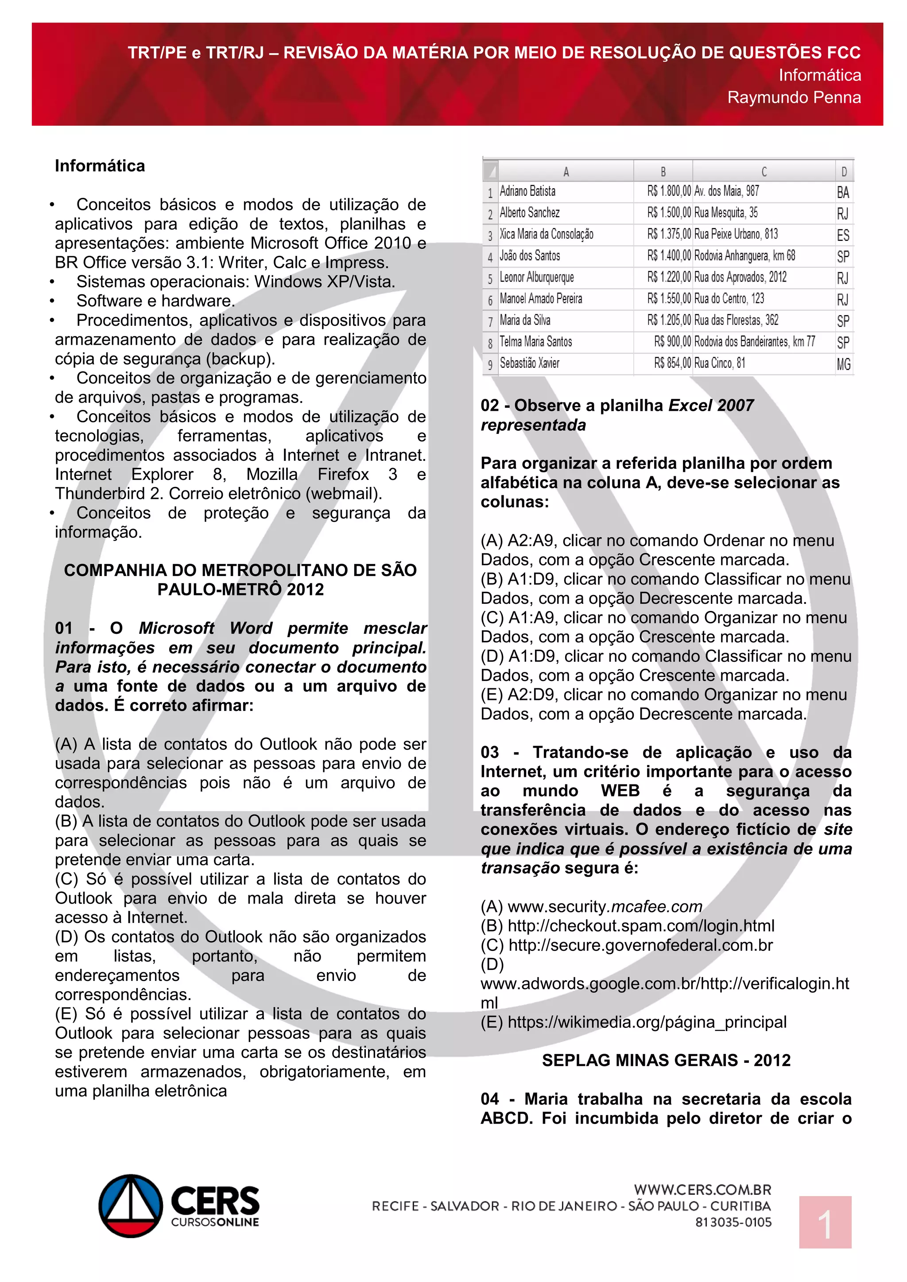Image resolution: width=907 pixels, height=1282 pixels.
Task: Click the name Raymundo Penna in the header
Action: click(x=794, y=98)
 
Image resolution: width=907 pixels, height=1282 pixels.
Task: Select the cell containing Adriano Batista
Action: click(x=528, y=192)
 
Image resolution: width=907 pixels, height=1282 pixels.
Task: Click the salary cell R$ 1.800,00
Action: click(x=669, y=192)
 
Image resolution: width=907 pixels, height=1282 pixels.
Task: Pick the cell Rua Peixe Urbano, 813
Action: click(x=736, y=235)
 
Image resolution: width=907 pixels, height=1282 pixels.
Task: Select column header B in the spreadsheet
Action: click(x=663, y=171)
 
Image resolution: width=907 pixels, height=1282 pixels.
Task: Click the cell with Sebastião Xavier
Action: click(x=530, y=363)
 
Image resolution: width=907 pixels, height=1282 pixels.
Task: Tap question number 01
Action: click(x=64, y=628)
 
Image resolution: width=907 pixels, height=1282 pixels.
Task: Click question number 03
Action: click(x=490, y=752)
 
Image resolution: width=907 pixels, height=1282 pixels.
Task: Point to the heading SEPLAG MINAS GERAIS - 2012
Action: click(x=666, y=1060)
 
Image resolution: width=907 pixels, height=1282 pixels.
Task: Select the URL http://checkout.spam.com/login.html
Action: click(x=640, y=926)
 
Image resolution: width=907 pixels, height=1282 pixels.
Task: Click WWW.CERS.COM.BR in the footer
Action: click(x=702, y=1190)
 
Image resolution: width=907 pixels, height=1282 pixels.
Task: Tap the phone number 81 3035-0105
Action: click(x=733, y=1222)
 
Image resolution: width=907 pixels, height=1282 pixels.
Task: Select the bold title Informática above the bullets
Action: click(x=100, y=166)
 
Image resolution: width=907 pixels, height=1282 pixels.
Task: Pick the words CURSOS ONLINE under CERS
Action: click(x=215, y=1222)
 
